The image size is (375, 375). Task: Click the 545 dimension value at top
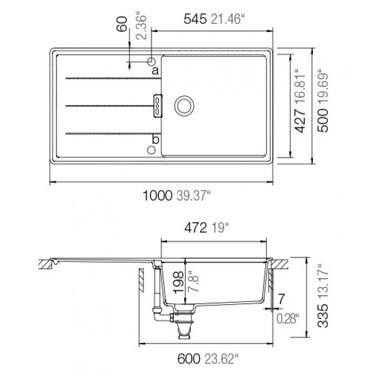(x=195, y=19)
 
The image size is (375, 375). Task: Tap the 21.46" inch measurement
(x=228, y=19)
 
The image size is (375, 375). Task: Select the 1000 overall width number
(x=157, y=196)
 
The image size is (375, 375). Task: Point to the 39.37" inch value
(x=194, y=196)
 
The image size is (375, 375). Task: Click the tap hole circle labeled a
(x=151, y=61)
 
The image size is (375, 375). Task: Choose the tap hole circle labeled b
(x=151, y=150)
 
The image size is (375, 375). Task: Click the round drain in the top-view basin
(x=184, y=106)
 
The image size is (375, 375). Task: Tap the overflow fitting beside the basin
(x=158, y=106)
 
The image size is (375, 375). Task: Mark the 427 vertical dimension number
(x=300, y=121)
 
